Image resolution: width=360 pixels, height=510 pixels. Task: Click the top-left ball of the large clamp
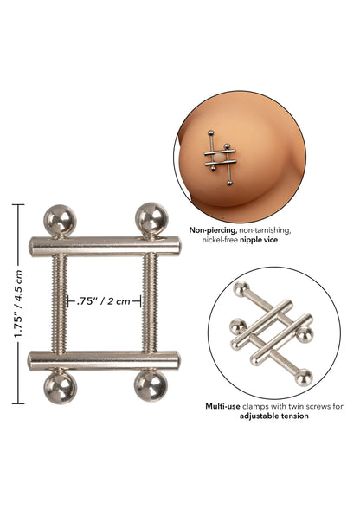tap(60, 220)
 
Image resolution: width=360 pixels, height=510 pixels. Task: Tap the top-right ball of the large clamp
tap(151, 218)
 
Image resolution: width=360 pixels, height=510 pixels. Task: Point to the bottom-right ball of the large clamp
tap(151, 386)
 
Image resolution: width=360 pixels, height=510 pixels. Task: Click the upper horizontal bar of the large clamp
tap(105, 246)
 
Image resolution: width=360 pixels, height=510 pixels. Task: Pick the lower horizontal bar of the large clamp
tap(104, 361)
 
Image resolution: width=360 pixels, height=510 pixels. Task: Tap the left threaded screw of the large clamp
tap(59, 303)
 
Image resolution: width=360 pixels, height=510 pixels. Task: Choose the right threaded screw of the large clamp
tap(150, 302)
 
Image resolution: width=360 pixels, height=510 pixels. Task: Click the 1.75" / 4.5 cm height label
tap(18, 304)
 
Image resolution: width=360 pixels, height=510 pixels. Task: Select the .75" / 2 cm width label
tap(104, 301)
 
